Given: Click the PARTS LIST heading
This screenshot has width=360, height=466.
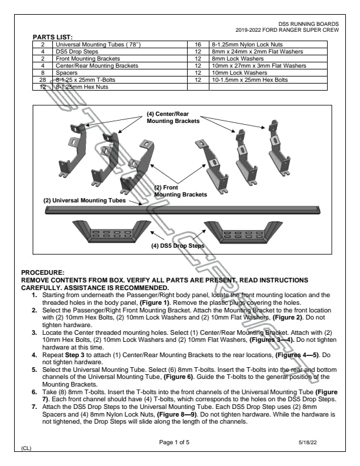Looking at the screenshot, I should pyautogui.click(x=52, y=36).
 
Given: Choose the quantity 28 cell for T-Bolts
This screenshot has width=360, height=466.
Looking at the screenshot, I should pyautogui.click(x=43, y=79).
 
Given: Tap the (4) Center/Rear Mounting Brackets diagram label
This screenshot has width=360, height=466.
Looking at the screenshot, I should pyautogui.click(x=174, y=116).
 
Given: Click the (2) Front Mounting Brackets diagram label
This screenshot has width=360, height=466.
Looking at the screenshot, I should pyautogui.click(x=180, y=191).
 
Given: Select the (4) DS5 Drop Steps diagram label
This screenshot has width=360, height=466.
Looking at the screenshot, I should pyautogui.click(x=179, y=245).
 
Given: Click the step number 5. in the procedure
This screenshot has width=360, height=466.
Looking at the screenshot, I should pyautogui.click(x=34, y=367).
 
